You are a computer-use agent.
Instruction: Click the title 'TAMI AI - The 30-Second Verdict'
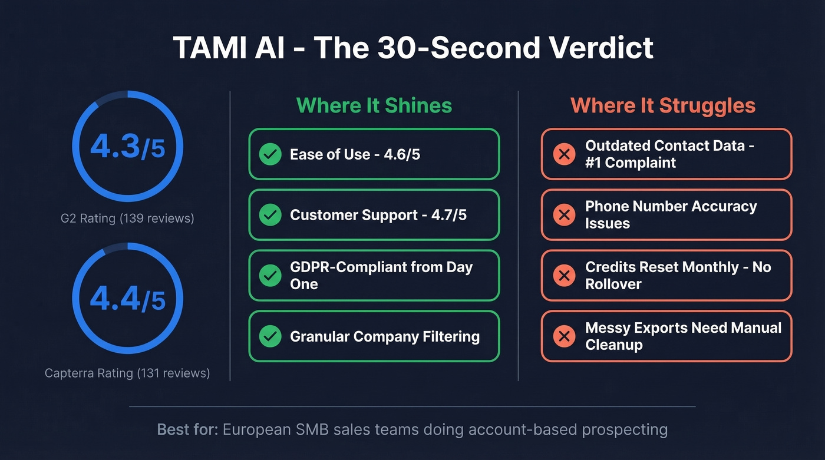tap(412, 48)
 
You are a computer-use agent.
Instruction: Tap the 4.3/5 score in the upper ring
tap(127, 147)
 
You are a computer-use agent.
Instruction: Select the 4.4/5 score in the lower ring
tap(127, 299)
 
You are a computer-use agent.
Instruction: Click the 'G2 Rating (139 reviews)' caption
tap(127, 219)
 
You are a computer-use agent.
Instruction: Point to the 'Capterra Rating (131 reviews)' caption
tap(127, 373)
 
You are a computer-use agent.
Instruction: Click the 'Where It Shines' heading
tap(374, 105)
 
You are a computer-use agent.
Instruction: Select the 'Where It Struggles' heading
tap(663, 105)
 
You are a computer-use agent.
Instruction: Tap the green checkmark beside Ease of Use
tap(270, 154)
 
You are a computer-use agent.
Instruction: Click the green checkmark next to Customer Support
tap(270, 215)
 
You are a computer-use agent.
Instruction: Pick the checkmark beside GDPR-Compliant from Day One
tap(270, 276)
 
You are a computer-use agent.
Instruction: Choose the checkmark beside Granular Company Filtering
tap(270, 336)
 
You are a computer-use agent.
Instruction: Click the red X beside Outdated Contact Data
tap(564, 154)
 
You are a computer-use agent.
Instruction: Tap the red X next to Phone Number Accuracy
tap(564, 215)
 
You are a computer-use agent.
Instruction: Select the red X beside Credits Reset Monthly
tap(564, 276)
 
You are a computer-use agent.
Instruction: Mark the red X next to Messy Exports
tap(564, 336)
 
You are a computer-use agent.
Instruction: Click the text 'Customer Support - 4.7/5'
tap(378, 215)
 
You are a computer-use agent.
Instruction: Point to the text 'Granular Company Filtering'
tap(384, 336)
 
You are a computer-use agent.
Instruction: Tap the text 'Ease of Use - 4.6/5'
tap(355, 154)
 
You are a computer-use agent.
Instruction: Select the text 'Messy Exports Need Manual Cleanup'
tap(683, 336)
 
